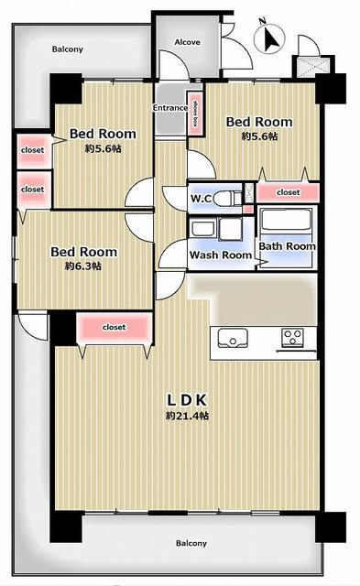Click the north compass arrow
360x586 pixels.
click(270, 38)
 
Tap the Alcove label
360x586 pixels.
click(187, 43)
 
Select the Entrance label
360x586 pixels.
click(169, 108)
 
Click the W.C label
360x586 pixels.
click(202, 198)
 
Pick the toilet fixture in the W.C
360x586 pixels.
click(235, 198)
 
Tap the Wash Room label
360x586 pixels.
click(220, 255)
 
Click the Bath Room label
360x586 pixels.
click(287, 246)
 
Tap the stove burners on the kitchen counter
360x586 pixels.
click(292, 336)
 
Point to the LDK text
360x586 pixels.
click(188, 399)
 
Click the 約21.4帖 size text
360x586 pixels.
click(188, 416)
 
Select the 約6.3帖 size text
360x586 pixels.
click(83, 266)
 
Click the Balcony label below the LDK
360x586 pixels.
click(191, 542)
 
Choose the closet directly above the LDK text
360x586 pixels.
click(114, 327)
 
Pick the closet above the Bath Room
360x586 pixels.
click(288, 193)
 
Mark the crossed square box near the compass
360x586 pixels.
click(304, 67)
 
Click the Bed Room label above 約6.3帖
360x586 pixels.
click(83, 252)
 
